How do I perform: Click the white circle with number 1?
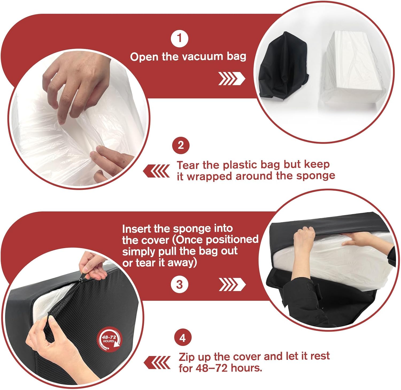point(179,38)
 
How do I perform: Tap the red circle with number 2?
point(181,145)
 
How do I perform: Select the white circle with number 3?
point(179,284)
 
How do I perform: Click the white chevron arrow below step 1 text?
point(232,78)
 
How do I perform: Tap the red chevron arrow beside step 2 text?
point(156,171)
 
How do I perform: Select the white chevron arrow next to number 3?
point(232,284)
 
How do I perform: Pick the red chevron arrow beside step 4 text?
point(157,363)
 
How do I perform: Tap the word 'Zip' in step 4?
point(186,357)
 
